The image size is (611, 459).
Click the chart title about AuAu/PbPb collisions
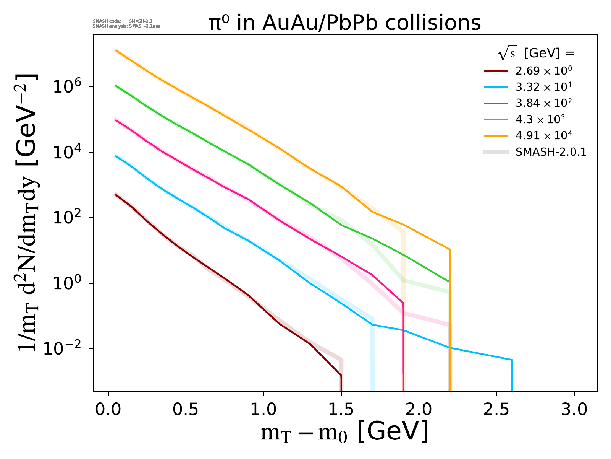(344, 23)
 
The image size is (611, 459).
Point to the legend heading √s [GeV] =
(536, 54)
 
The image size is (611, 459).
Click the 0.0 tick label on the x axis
(108, 410)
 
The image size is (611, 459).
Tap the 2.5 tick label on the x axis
(496, 410)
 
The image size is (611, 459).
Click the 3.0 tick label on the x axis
(574, 410)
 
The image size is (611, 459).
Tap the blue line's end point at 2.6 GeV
(512, 360)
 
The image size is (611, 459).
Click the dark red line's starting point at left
(116, 195)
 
